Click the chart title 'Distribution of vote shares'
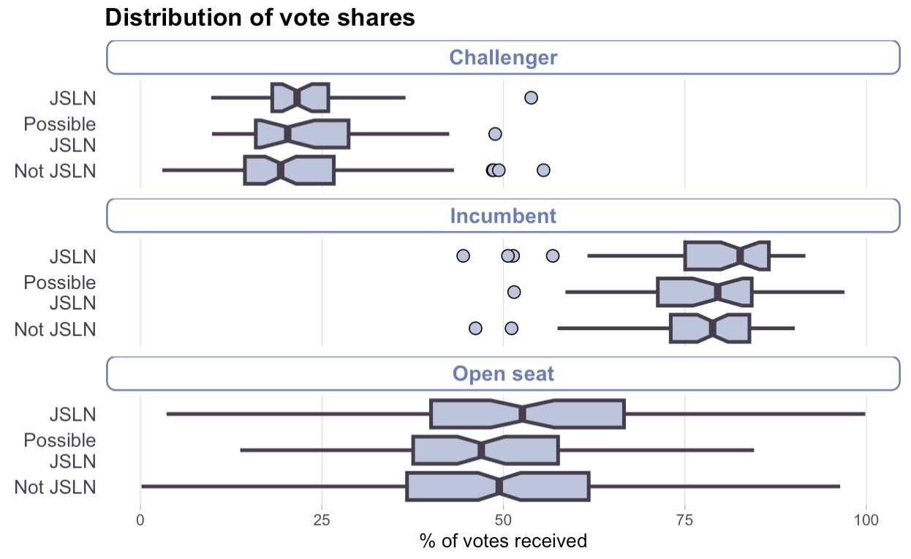pos(260,18)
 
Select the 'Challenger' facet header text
pos(503,58)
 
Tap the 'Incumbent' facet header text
pos(503,216)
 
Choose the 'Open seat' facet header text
pos(503,374)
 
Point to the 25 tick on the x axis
pos(322,520)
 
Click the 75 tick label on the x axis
pos(684,520)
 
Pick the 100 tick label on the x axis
pos(866,520)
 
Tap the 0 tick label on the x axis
pos(140,520)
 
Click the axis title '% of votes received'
pos(503,541)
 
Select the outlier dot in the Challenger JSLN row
pos(532,98)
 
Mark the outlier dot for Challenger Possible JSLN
pos(495,134)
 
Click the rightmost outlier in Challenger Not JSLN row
pos(543,170)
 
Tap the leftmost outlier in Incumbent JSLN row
pos(463,255)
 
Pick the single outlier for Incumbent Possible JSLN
pos(514,292)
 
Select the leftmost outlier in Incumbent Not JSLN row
pos(475,328)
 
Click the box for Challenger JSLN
pos(300,98)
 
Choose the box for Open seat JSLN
pos(527,413)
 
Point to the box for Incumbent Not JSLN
pos(710,328)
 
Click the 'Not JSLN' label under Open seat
pos(55,487)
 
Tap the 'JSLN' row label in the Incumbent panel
pos(72,256)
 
